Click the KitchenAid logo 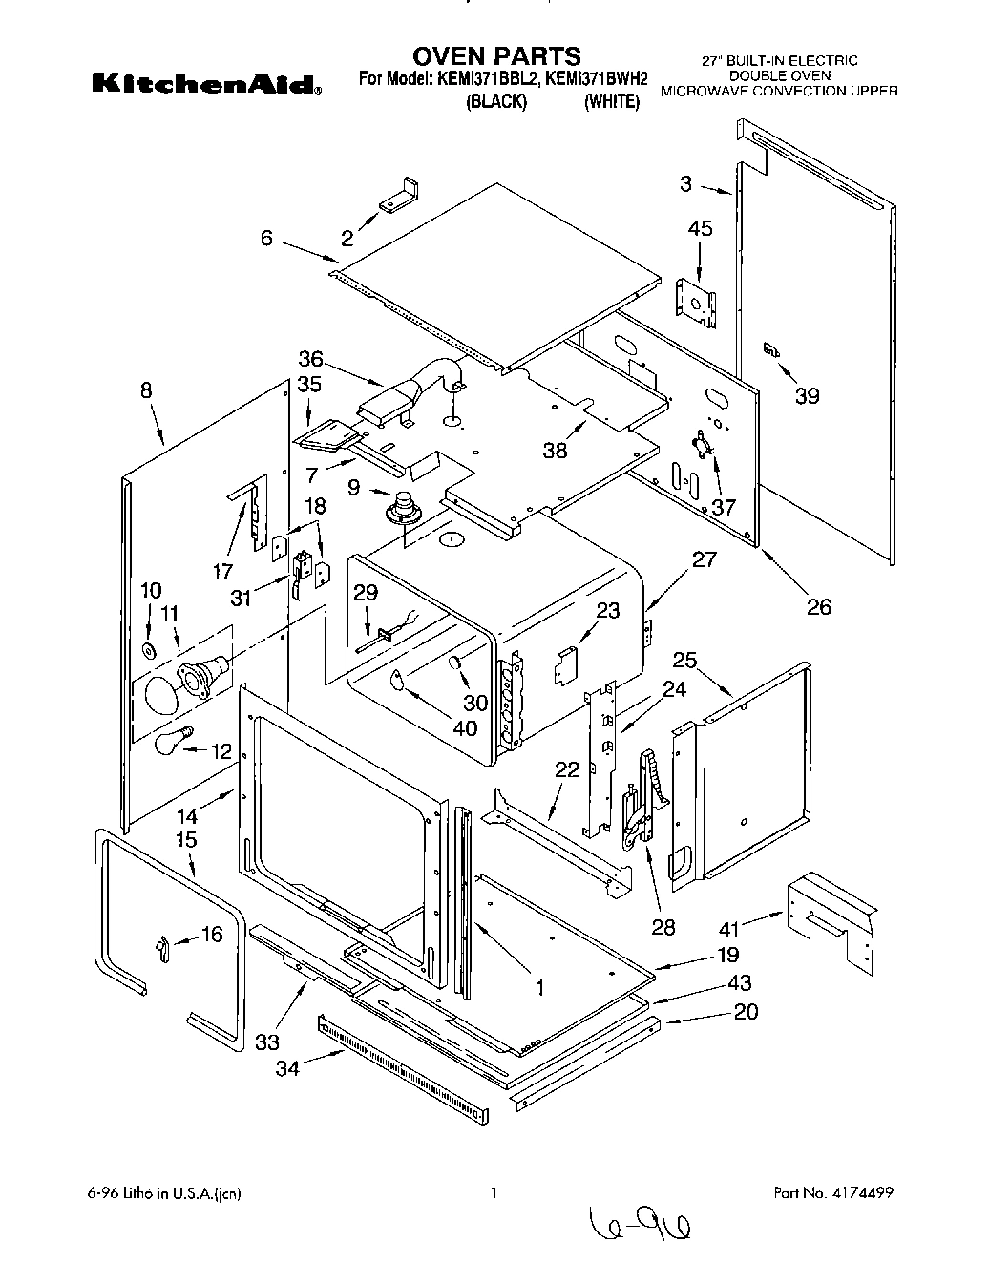[206, 85]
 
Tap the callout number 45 [701, 229]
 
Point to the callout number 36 [310, 360]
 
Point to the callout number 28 [663, 927]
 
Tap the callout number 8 [146, 390]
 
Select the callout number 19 [728, 954]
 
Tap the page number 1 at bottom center [494, 1193]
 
